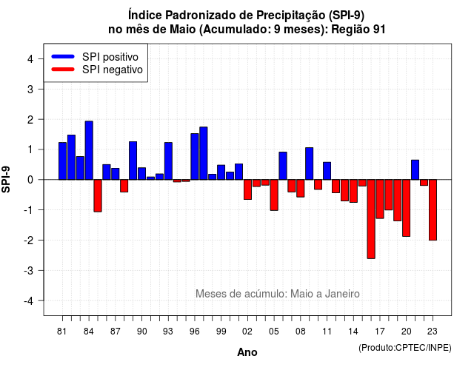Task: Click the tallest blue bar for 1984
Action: pyautogui.click(x=89, y=150)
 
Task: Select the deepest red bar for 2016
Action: pyautogui.click(x=371, y=219)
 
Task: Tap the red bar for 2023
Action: pyautogui.click(x=433, y=210)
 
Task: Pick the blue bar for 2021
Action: pyautogui.click(x=415, y=169)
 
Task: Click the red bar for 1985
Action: pyautogui.click(x=98, y=195)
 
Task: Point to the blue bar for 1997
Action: pyautogui.click(x=204, y=153)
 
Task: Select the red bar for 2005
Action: pyautogui.click(x=274, y=195)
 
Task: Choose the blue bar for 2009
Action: pyautogui.click(x=310, y=164)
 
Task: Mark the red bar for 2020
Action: pyautogui.click(x=407, y=208)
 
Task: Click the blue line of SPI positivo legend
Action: pyautogui.click(x=63, y=56)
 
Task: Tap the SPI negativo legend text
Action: pyautogui.click(x=113, y=70)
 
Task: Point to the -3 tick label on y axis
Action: pyautogui.click(x=30, y=270)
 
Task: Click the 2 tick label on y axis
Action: pyautogui.click(x=30, y=120)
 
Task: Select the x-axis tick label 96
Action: pyautogui.click(x=195, y=332)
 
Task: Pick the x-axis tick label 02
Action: pyautogui.click(x=247, y=332)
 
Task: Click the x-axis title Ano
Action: pyautogui.click(x=247, y=352)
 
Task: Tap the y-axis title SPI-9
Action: pyautogui.click(x=6, y=179)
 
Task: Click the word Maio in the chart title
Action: pyautogui.click(x=183, y=30)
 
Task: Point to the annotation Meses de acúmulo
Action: pyautogui.click(x=241, y=294)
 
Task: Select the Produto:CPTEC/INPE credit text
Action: pyautogui.click(x=405, y=348)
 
